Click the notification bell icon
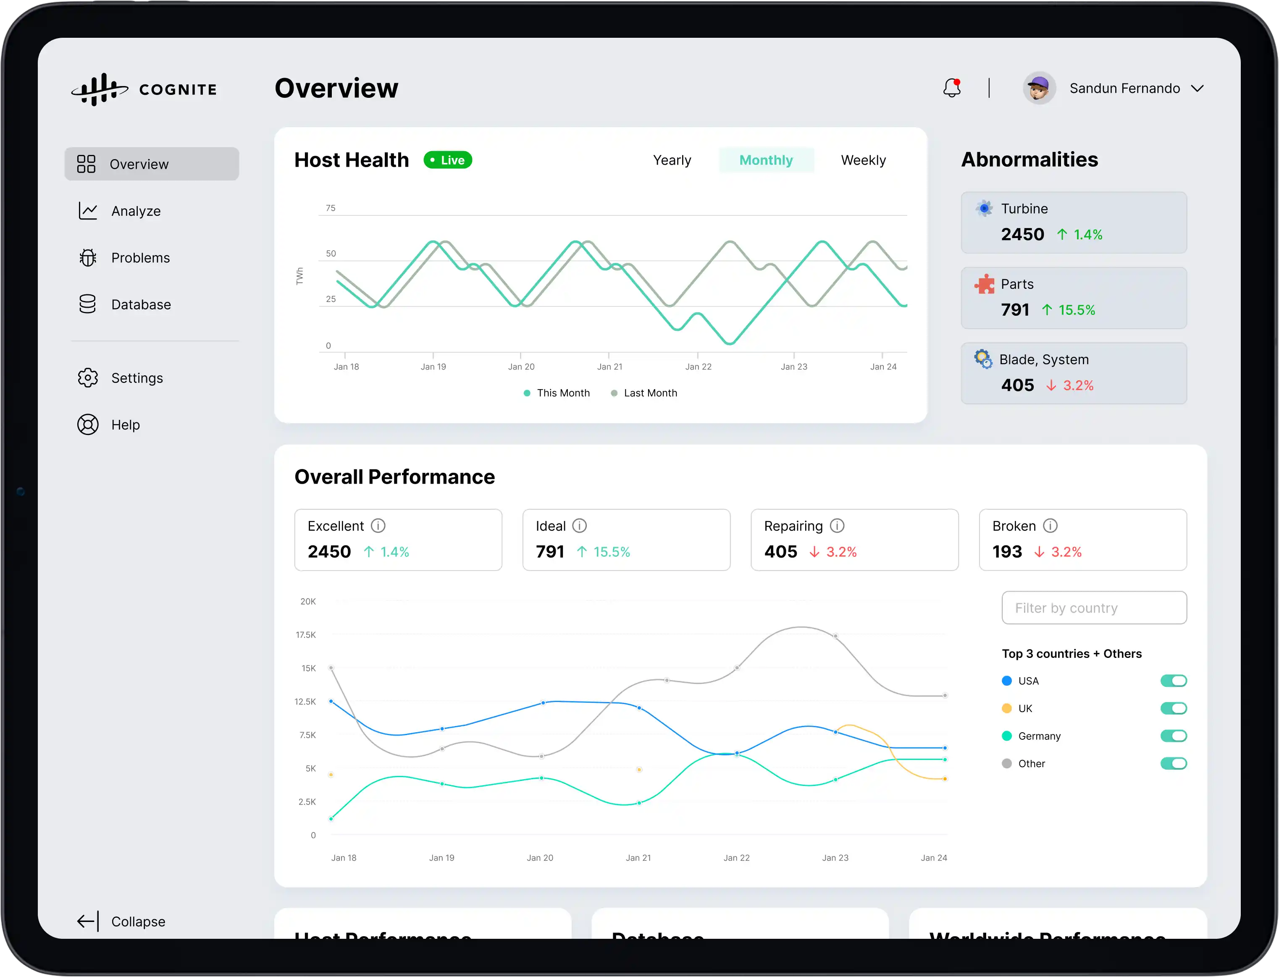pos(951,89)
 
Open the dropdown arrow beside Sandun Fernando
pos(1197,89)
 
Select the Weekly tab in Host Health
pos(863,160)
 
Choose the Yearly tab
pos(672,160)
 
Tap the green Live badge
pos(447,160)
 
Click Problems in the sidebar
pos(140,258)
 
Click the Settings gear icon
pos(88,378)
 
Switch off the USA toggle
pos(1173,681)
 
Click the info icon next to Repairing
pos(837,526)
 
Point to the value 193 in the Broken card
pos(1007,551)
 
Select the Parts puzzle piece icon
pos(984,284)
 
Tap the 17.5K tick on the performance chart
pos(305,634)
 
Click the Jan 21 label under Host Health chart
pos(609,367)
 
